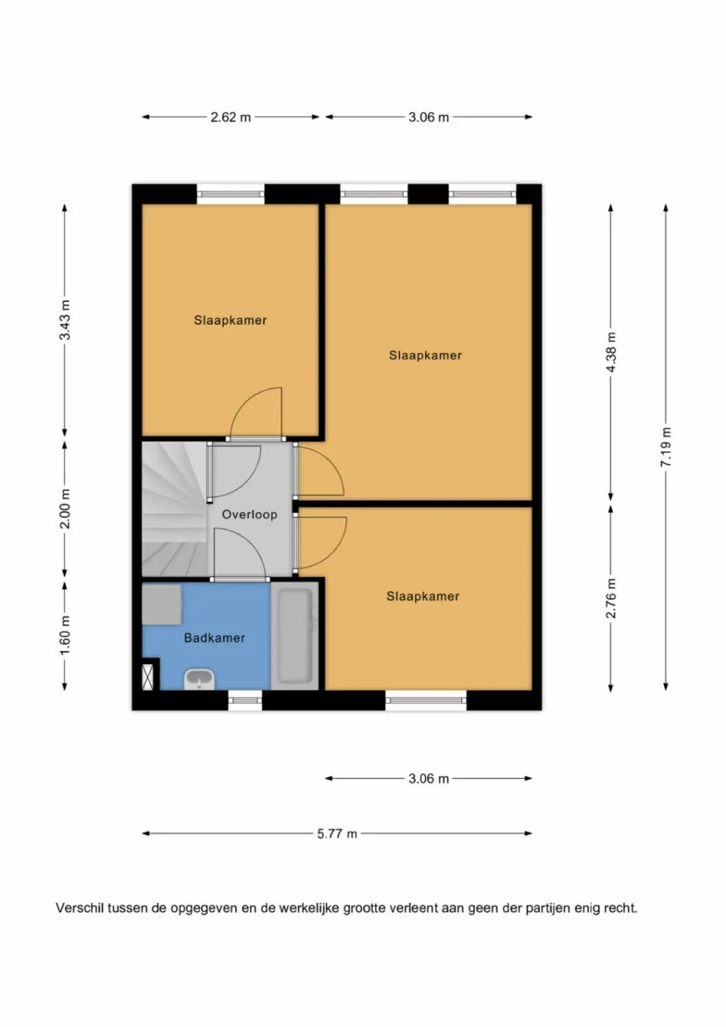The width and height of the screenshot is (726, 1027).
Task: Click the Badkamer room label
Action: point(215,638)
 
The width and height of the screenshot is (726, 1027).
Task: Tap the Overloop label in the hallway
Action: point(249,514)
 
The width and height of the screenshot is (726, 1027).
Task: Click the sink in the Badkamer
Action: point(199,678)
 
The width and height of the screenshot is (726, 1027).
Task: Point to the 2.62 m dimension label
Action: point(231,117)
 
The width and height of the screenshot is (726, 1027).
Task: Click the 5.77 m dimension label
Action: point(337,833)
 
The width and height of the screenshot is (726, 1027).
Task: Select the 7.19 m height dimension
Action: point(666,446)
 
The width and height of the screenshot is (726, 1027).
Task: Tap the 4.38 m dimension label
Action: point(611,352)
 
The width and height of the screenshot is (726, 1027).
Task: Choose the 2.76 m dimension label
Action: point(611,598)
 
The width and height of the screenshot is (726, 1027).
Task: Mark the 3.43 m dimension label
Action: point(65,320)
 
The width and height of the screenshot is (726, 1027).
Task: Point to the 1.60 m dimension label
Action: point(65,635)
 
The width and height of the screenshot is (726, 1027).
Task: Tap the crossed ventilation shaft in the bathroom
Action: point(149,675)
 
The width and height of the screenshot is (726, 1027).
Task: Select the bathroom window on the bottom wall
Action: point(245,700)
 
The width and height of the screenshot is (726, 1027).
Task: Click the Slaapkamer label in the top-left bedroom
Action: point(230,320)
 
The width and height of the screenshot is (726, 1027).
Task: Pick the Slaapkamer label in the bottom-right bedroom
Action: point(423,596)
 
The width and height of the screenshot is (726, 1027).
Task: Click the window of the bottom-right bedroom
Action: point(426,700)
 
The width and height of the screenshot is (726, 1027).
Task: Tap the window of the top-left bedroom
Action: point(231,194)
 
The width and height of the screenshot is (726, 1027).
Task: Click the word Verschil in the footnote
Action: point(79,908)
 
